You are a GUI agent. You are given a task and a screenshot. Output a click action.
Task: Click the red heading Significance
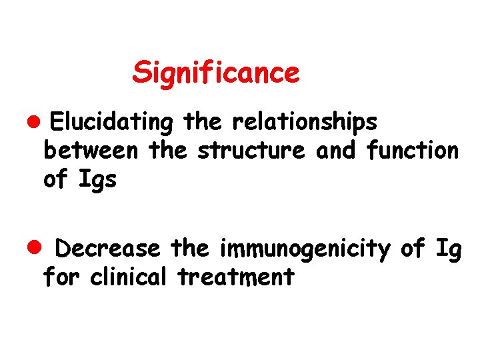coord(216,72)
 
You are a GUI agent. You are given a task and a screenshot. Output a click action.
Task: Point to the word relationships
coord(304,123)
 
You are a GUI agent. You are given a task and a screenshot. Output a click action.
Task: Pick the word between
coord(90,151)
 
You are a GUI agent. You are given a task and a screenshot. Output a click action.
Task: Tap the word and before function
coord(337,151)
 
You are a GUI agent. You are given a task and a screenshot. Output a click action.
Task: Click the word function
coord(413,151)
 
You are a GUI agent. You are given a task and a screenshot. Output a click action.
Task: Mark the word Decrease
coord(107,249)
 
